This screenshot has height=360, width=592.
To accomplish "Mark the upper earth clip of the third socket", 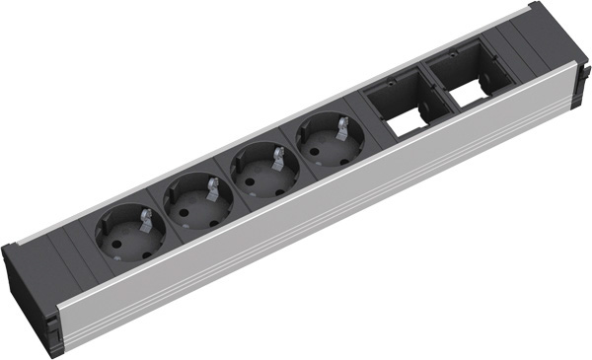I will pos(278,155).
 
